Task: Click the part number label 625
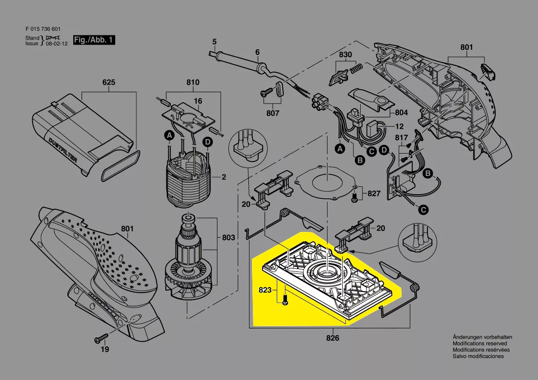pos(109,83)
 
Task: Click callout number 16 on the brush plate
pos(198,101)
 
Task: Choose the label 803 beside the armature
pos(228,238)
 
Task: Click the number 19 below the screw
pos(105,350)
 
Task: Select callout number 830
pos(345,55)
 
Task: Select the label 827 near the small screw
pos(374,194)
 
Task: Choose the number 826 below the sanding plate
pos(333,338)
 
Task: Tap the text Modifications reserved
pos(480,344)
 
